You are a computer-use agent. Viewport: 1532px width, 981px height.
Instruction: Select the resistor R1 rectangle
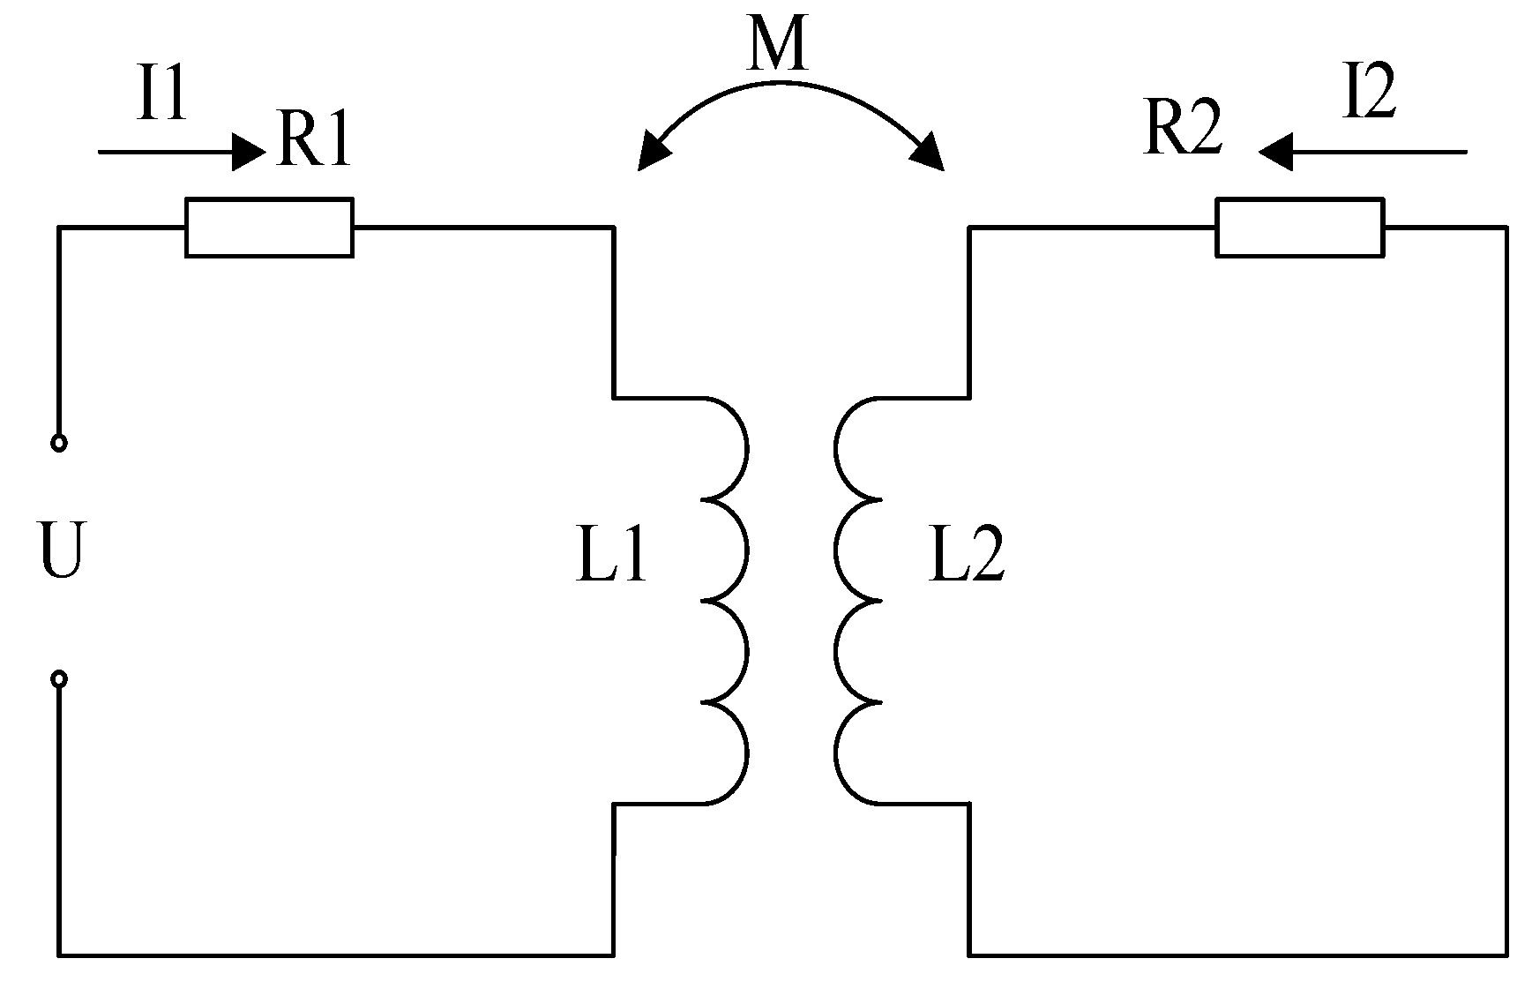tap(269, 228)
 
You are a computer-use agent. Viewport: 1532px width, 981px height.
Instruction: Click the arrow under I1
tap(181, 152)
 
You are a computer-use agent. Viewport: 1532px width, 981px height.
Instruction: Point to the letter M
tap(776, 46)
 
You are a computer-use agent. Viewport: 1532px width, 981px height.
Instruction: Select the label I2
tap(1369, 95)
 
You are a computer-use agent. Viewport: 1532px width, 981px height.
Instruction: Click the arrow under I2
tap(1363, 152)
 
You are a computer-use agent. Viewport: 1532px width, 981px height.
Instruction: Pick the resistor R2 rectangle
tap(1299, 228)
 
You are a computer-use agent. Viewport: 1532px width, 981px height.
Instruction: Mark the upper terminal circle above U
tap(59, 443)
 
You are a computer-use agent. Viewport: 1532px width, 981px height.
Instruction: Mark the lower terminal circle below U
tap(59, 678)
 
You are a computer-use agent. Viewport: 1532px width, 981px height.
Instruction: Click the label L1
tap(610, 558)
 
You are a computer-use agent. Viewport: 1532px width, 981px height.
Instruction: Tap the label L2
tap(967, 558)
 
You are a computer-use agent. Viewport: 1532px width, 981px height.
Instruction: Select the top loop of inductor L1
tap(728, 449)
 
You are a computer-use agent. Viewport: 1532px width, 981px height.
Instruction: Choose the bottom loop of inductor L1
tap(728, 753)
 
